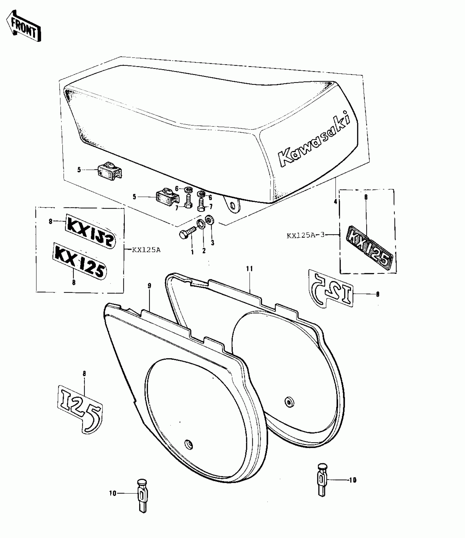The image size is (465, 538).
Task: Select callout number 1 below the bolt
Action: (192, 252)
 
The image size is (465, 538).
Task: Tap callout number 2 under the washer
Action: (204, 251)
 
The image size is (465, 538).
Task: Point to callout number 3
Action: (213, 242)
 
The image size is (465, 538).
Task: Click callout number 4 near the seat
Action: (335, 202)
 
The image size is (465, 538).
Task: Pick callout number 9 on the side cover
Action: (149, 286)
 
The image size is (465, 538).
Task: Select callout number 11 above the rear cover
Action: (249, 269)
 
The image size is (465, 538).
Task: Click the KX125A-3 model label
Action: (305, 235)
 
